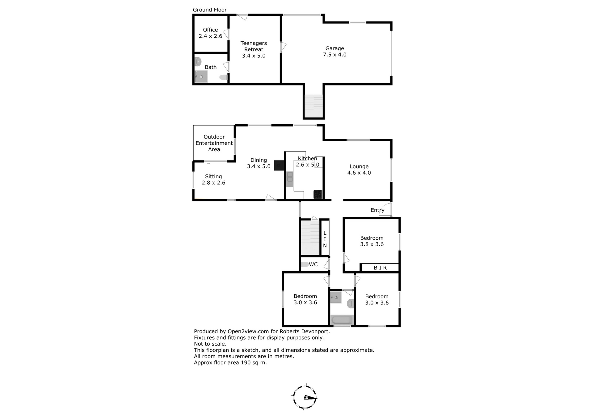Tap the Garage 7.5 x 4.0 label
coord(335,52)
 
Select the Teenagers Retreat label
coord(254,49)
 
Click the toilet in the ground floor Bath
coord(224,77)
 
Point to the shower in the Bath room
coord(201,77)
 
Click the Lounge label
coord(359,166)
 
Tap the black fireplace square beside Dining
coord(279,165)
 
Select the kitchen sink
coord(290,179)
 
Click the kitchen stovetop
coord(318,194)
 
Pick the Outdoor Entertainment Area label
coord(214,143)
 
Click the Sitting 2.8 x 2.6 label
coord(213,180)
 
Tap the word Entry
coord(377,210)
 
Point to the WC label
coord(313,264)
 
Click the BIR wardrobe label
coord(380,268)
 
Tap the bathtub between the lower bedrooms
coord(342,320)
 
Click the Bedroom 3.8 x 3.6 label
coord(372,241)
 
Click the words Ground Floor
coord(210,10)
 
